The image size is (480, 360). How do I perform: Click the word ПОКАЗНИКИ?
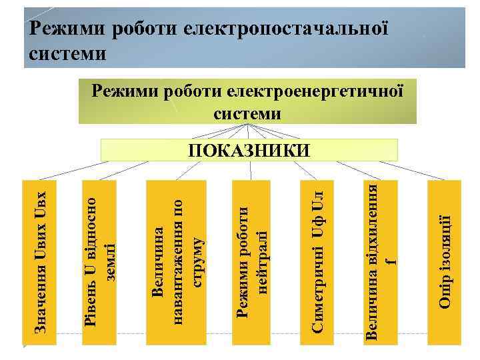(249, 150)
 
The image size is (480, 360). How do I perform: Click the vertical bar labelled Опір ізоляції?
(445, 263)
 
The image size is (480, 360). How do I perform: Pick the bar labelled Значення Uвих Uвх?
(41, 263)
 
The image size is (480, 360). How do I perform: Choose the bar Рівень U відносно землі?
(100, 263)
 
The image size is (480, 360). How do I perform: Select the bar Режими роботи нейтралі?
(253, 263)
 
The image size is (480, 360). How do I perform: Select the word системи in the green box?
(247, 113)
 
